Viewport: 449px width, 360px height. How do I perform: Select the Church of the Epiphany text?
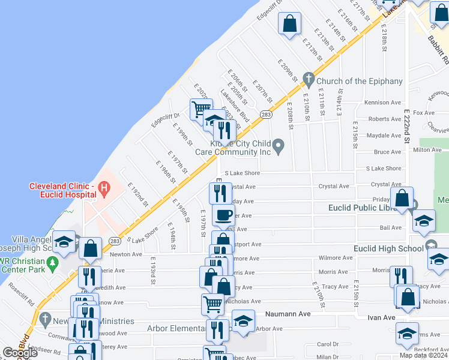351,82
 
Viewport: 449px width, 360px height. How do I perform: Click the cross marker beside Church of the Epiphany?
309,79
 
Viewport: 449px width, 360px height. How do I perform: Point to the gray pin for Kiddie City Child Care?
278,145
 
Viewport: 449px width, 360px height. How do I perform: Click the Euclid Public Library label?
364,208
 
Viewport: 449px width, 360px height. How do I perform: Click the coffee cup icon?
223,214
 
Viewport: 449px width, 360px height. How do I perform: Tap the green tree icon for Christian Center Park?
52,262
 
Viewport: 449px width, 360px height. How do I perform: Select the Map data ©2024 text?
423,355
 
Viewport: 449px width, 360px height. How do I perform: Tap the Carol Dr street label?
328,344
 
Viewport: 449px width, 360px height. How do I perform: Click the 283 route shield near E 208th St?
267,114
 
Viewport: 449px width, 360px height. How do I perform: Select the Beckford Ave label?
427,348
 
